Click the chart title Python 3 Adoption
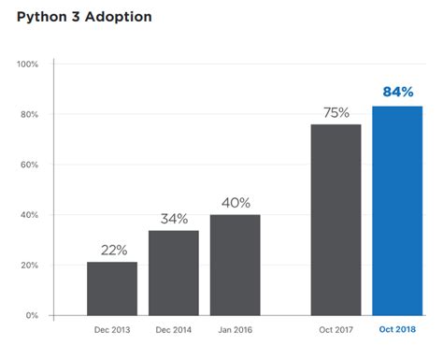coord(84,17)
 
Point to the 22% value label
coord(113,251)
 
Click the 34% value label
coord(174,219)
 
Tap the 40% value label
coord(236,203)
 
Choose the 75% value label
coord(336,113)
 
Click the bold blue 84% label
coord(398,92)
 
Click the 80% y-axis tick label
coord(29,115)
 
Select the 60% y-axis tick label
coord(29,166)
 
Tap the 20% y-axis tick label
coord(29,266)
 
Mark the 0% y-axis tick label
coord(32,316)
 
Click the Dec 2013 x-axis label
coord(112,330)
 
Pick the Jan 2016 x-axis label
coord(236,330)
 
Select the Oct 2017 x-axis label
coord(336,330)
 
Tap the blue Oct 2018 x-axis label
coord(397,330)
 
